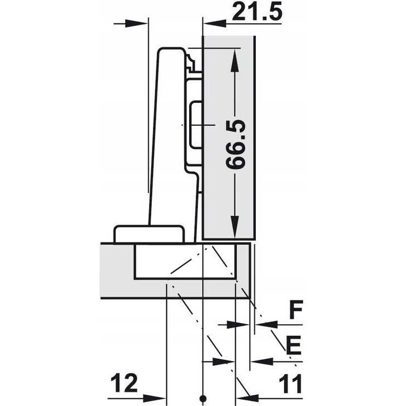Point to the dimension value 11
coord(289,383)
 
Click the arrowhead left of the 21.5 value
coord(212,22)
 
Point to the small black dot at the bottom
coord(203,398)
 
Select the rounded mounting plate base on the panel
coord(148,234)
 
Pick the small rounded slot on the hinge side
coord(196,125)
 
